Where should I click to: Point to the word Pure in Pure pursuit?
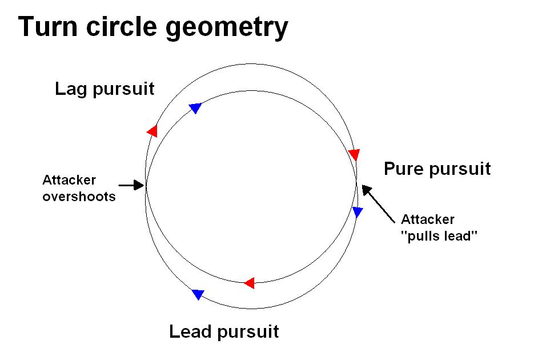pos(406,169)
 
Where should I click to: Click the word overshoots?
pos(79,197)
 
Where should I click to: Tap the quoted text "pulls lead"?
pos(439,235)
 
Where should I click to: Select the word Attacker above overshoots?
pos(69,180)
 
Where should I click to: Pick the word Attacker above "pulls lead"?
pos(428,219)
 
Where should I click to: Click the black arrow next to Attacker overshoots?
pos(131,185)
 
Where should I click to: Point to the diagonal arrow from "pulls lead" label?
pos(378,203)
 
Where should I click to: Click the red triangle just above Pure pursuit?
pos(354,155)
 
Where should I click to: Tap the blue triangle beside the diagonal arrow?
pos(358,212)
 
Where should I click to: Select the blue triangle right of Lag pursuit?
pos(195,107)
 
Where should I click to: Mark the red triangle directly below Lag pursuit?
pos(152,131)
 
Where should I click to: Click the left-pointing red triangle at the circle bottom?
pos(249,282)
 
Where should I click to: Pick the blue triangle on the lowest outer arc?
pos(198,294)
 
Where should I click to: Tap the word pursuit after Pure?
pos(460,169)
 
